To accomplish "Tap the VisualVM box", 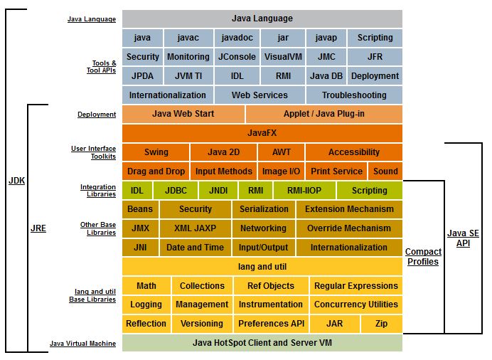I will (x=283, y=57).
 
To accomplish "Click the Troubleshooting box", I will (x=354, y=95).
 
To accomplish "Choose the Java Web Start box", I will (x=183, y=114).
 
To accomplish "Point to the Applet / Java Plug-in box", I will (x=324, y=114).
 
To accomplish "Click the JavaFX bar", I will (x=262, y=133).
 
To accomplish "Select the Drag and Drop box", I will (x=156, y=171).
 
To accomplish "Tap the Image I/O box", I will (x=282, y=171).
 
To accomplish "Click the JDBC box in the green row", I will (x=176, y=191).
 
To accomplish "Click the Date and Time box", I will (x=195, y=248).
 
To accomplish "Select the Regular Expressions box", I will (x=355, y=286).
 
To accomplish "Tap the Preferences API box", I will (x=270, y=324).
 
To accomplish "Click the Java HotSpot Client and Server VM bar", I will (x=262, y=343).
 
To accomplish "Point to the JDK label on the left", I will (x=16, y=181).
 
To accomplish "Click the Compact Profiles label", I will (x=422, y=257).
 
